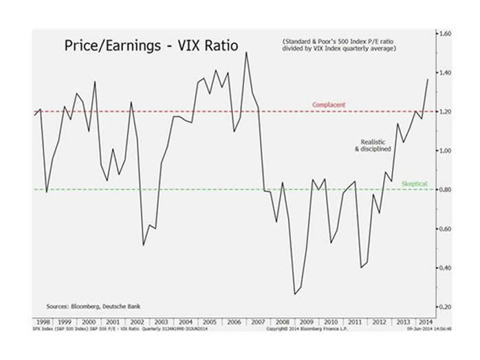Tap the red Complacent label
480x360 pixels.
point(328,105)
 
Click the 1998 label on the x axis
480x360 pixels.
point(43,321)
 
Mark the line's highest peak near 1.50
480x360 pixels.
point(246,52)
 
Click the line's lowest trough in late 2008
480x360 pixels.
point(294,295)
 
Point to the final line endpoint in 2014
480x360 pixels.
point(428,78)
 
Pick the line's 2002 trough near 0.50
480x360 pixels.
point(143,245)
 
